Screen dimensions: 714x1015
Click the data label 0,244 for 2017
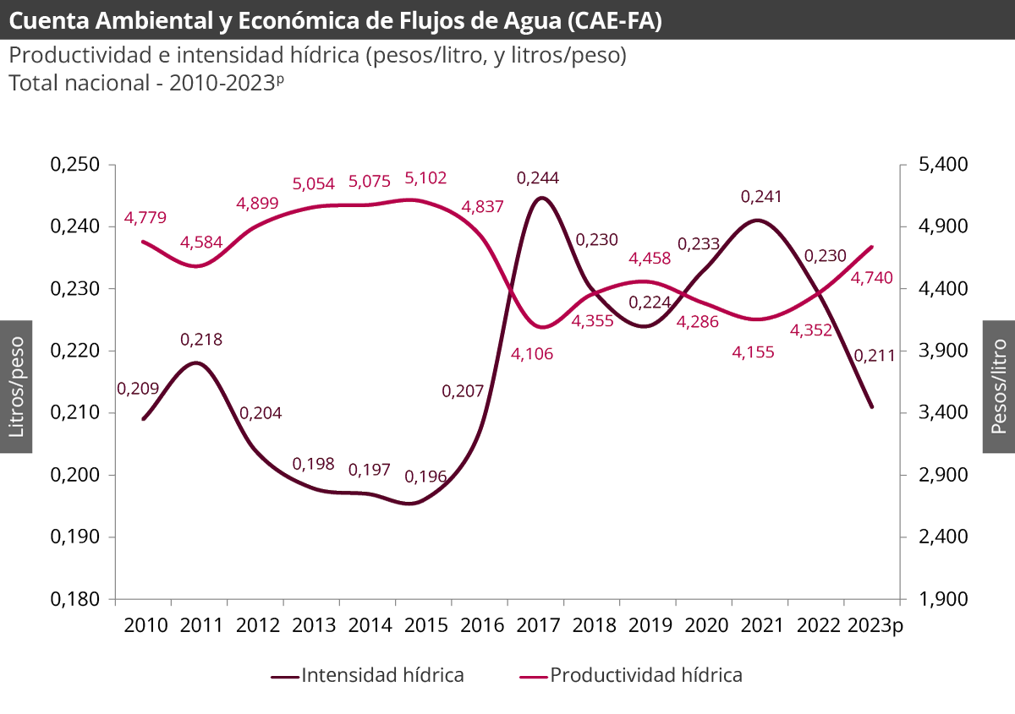pyautogui.click(x=538, y=178)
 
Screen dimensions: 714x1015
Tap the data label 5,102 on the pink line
pyautogui.click(x=425, y=178)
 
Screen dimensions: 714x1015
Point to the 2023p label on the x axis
pyautogui.click(x=875, y=625)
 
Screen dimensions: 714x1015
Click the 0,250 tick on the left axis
pyautogui.click(x=76, y=165)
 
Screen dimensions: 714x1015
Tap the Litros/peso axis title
pyautogui.click(x=16, y=387)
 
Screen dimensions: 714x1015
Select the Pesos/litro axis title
pyautogui.click(x=999, y=387)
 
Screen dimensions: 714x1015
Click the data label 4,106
pyautogui.click(x=532, y=354)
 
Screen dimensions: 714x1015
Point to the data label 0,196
pyautogui.click(x=425, y=477)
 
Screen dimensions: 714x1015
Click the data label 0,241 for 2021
pyautogui.click(x=761, y=197)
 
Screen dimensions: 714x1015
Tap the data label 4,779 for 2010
pyautogui.click(x=145, y=218)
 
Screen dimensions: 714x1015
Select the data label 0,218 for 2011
pyautogui.click(x=201, y=340)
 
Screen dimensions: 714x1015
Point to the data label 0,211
pyautogui.click(x=875, y=356)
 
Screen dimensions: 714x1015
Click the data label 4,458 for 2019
pyautogui.click(x=650, y=258)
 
